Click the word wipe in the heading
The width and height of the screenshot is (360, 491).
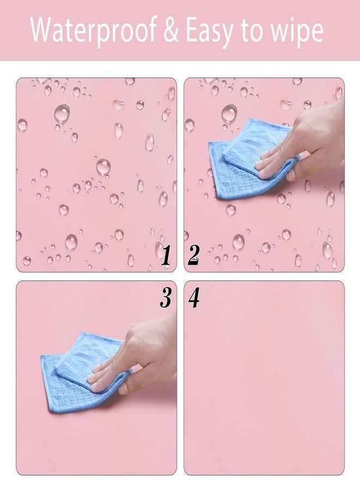pos(297,32)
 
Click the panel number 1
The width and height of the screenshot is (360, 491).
pos(166,255)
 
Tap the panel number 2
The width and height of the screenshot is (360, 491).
pos(194,255)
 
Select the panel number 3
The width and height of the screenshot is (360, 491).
pos(166,297)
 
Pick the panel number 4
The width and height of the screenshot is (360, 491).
pos(194,297)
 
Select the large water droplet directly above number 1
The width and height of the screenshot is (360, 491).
pos(159,248)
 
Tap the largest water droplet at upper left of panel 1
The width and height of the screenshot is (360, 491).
pos(62,113)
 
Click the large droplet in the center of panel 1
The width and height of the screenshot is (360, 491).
pos(103,166)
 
